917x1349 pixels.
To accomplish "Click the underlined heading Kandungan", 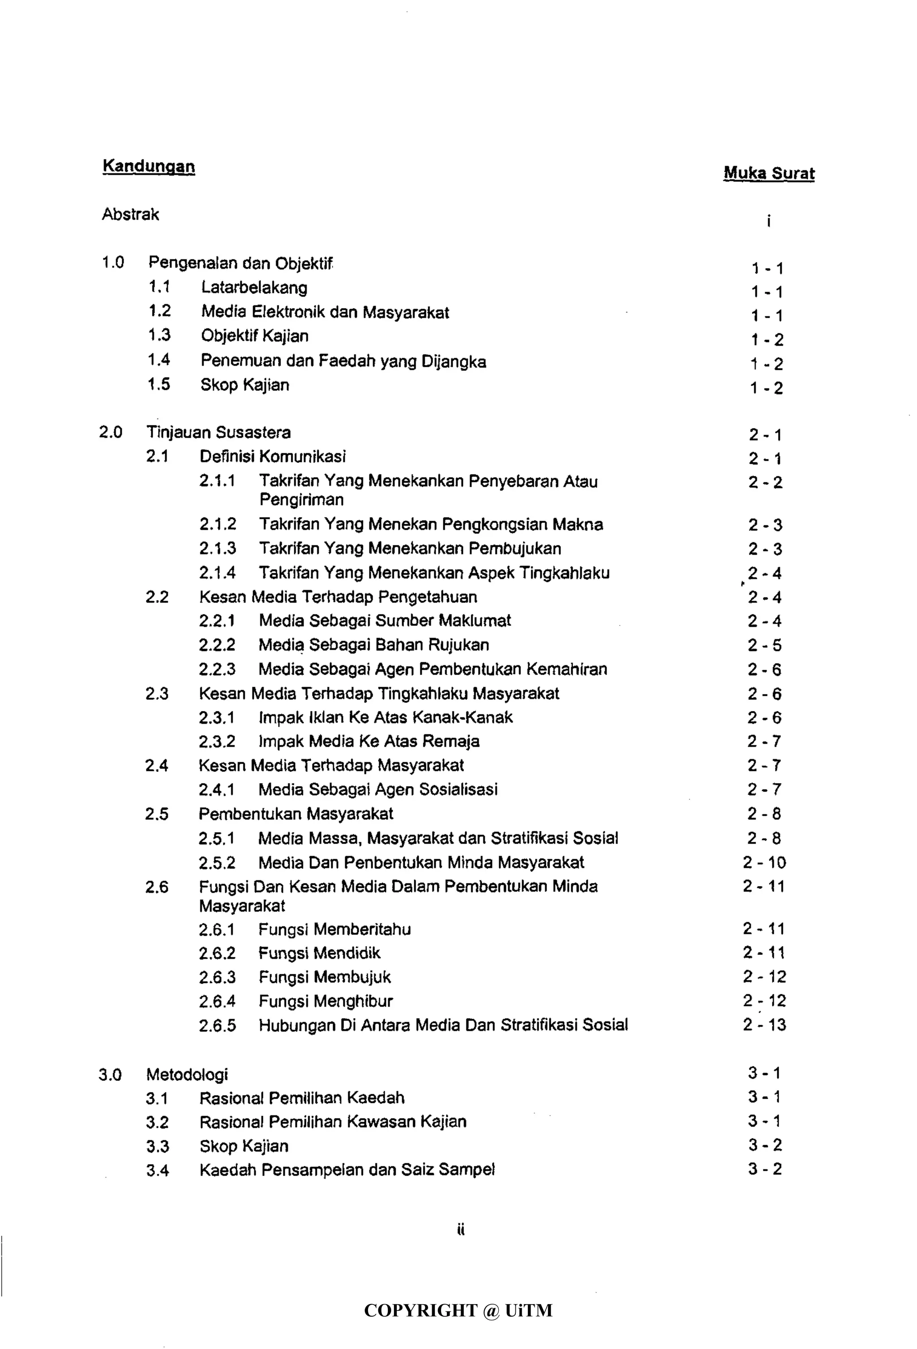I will (x=149, y=167).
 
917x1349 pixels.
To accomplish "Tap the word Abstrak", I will (x=131, y=215).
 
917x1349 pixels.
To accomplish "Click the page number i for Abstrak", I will (x=768, y=221).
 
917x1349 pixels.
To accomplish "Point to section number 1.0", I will (x=113, y=263).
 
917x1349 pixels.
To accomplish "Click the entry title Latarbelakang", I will (x=254, y=288).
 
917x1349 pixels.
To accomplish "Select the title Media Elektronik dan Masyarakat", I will (x=325, y=313).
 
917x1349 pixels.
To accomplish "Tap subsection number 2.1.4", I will (x=218, y=573).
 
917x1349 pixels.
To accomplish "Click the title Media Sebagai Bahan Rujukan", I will (x=374, y=645).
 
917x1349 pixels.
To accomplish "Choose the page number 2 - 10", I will (x=764, y=863).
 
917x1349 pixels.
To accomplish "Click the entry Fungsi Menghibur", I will (x=326, y=1001).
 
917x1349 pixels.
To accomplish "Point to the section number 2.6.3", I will (x=218, y=977).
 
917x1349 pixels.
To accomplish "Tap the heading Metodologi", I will (x=187, y=1075).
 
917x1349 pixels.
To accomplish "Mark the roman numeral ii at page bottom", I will (x=461, y=1229).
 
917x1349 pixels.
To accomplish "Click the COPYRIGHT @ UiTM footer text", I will (x=458, y=1310).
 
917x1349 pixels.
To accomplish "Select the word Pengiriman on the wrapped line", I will (x=301, y=500).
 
